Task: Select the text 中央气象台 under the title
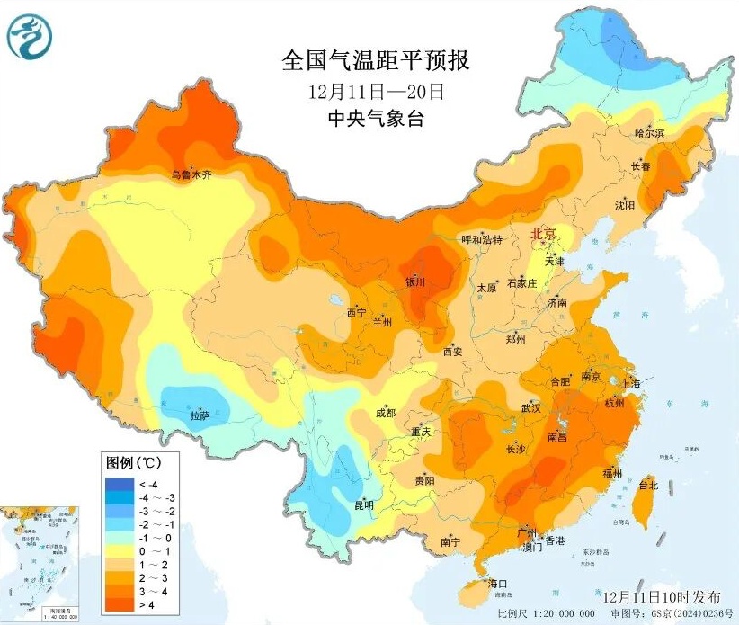375,118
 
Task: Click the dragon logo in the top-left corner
29,35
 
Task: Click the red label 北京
545,234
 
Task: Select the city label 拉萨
200,415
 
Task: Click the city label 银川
414,282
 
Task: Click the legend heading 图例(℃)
134,463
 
